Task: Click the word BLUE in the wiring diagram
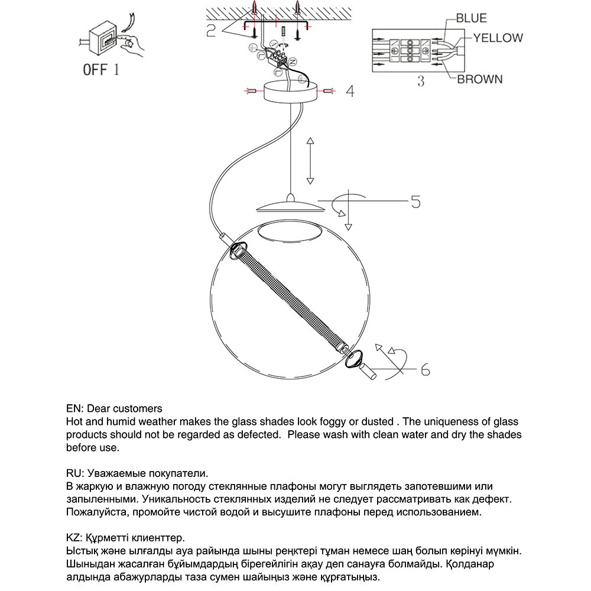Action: click(471, 18)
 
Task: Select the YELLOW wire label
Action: click(498, 38)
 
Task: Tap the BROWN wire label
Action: click(479, 79)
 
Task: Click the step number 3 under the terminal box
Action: click(420, 81)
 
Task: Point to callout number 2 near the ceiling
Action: click(211, 30)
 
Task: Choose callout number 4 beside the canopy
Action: click(350, 92)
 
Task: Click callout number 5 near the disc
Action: click(415, 202)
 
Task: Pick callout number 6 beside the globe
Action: click(424, 370)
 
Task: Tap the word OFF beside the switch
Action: click(95, 70)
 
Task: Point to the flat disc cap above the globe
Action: click(289, 207)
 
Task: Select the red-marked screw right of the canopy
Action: click(329, 92)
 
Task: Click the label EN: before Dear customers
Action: click(74, 408)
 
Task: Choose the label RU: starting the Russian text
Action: click(74, 473)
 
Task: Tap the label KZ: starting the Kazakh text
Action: click(74, 538)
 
